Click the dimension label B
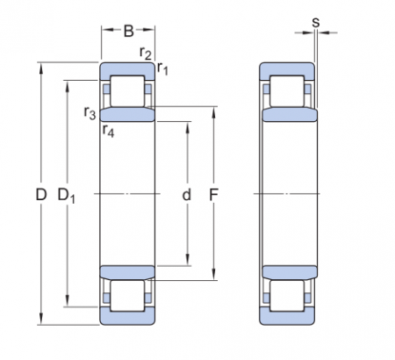[x=128, y=32]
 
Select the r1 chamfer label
[x=162, y=68]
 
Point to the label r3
[x=90, y=112]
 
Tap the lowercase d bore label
[x=186, y=195]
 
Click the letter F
[x=212, y=195]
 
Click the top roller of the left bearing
[x=128, y=92]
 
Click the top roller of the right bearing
[x=286, y=92]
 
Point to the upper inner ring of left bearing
[x=128, y=114]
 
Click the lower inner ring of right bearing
[x=286, y=273]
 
